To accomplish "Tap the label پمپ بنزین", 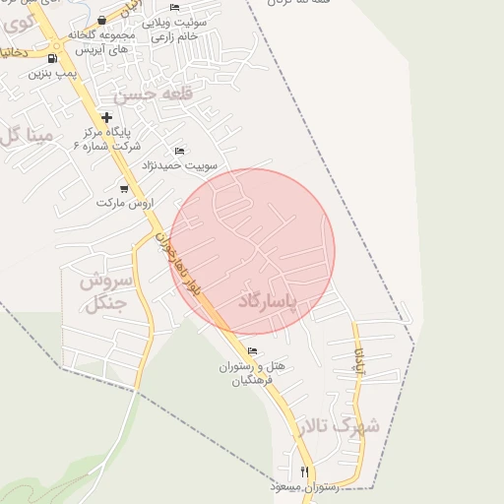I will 51,73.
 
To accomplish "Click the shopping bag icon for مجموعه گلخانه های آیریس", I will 103,20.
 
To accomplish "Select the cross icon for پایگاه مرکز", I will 106,118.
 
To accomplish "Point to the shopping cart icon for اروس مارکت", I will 123,188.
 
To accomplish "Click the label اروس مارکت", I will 126,203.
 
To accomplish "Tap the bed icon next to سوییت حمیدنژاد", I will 178,151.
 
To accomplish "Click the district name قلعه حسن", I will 148,95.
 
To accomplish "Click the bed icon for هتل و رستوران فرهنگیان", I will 252,350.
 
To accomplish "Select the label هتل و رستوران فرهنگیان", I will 252,373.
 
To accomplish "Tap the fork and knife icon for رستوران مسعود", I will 304,472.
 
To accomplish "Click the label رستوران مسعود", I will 304,487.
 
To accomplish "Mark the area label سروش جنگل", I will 102,292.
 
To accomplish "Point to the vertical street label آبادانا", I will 360,361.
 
